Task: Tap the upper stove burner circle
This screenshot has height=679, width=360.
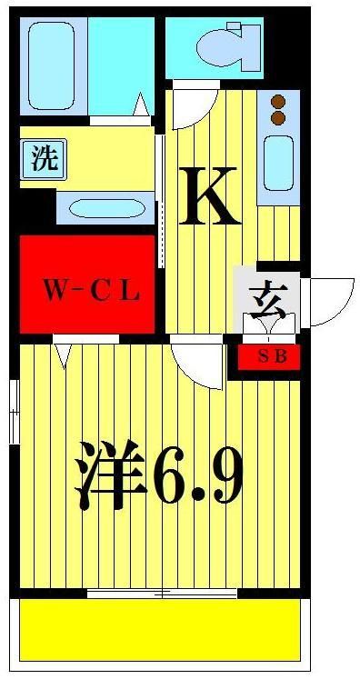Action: (x=278, y=101)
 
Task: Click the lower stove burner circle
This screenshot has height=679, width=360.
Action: (x=278, y=117)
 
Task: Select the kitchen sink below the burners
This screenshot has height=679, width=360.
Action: (x=277, y=161)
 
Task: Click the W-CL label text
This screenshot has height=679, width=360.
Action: (x=90, y=292)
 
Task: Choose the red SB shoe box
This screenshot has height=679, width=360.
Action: (x=269, y=356)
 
